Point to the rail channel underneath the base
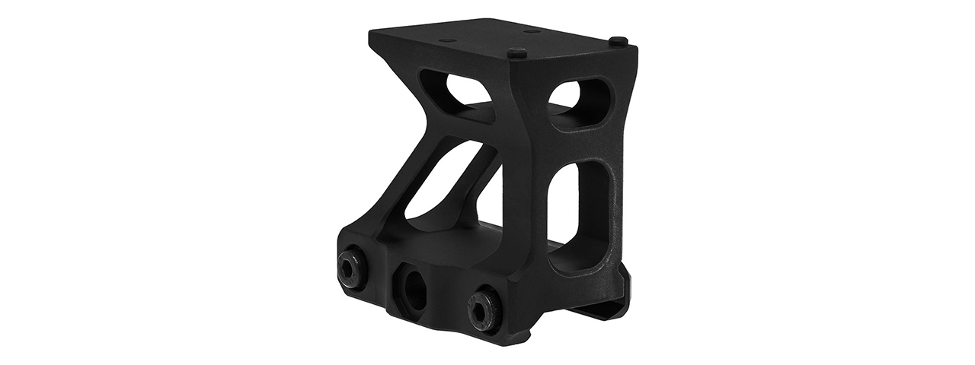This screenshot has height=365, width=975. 564,319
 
